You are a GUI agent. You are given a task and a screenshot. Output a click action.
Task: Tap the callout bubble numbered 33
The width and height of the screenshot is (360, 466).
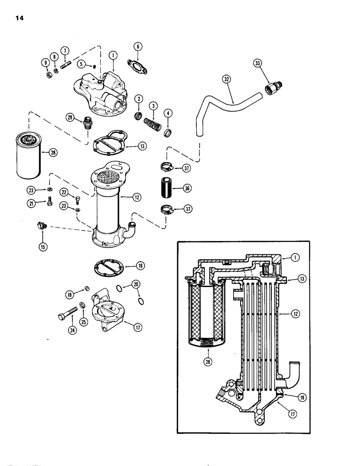point(258,63)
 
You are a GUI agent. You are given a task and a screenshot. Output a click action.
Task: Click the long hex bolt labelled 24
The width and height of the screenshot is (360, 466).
point(67,317)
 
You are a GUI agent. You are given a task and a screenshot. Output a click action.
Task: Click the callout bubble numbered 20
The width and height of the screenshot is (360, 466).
point(136,283)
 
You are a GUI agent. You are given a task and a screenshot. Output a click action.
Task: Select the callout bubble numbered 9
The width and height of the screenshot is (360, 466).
point(46,62)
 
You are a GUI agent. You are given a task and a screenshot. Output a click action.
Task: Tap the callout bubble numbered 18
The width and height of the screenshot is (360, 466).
point(69,295)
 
